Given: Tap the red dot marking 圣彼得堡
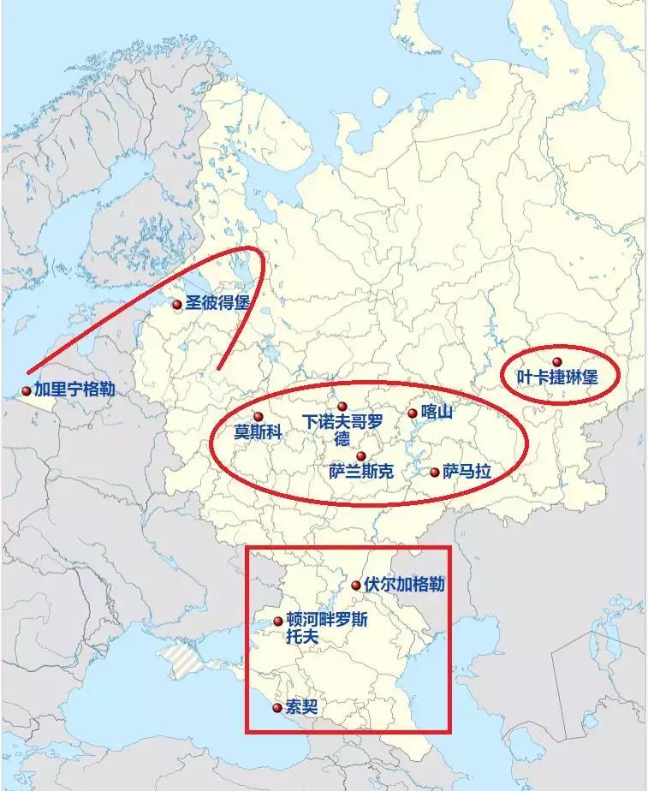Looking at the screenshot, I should (177, 304).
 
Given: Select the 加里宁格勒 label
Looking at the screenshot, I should (74, 390).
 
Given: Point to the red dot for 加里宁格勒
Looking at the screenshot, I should (27, 391).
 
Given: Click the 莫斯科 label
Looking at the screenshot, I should (259, 433).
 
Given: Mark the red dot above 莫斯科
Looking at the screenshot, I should (259, 417).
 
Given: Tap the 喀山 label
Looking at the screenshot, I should (436, 412).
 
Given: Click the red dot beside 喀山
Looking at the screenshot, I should (413, 413).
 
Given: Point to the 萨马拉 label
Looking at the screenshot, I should (467, 472).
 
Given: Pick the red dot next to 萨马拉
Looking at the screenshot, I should (435, 473).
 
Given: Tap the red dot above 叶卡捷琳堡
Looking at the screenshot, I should (557, 362).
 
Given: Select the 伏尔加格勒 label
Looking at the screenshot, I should (404, 585).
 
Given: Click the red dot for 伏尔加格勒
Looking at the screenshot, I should (356, 586).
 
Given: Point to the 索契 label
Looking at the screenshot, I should (300, 707).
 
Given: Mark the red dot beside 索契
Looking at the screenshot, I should (276, 708).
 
